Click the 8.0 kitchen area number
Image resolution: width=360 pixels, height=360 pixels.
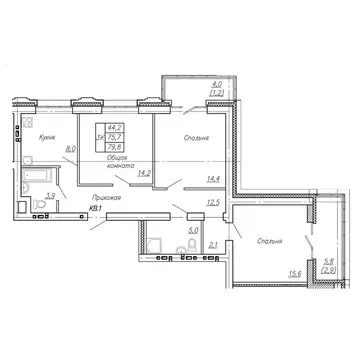tap(67, 150)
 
